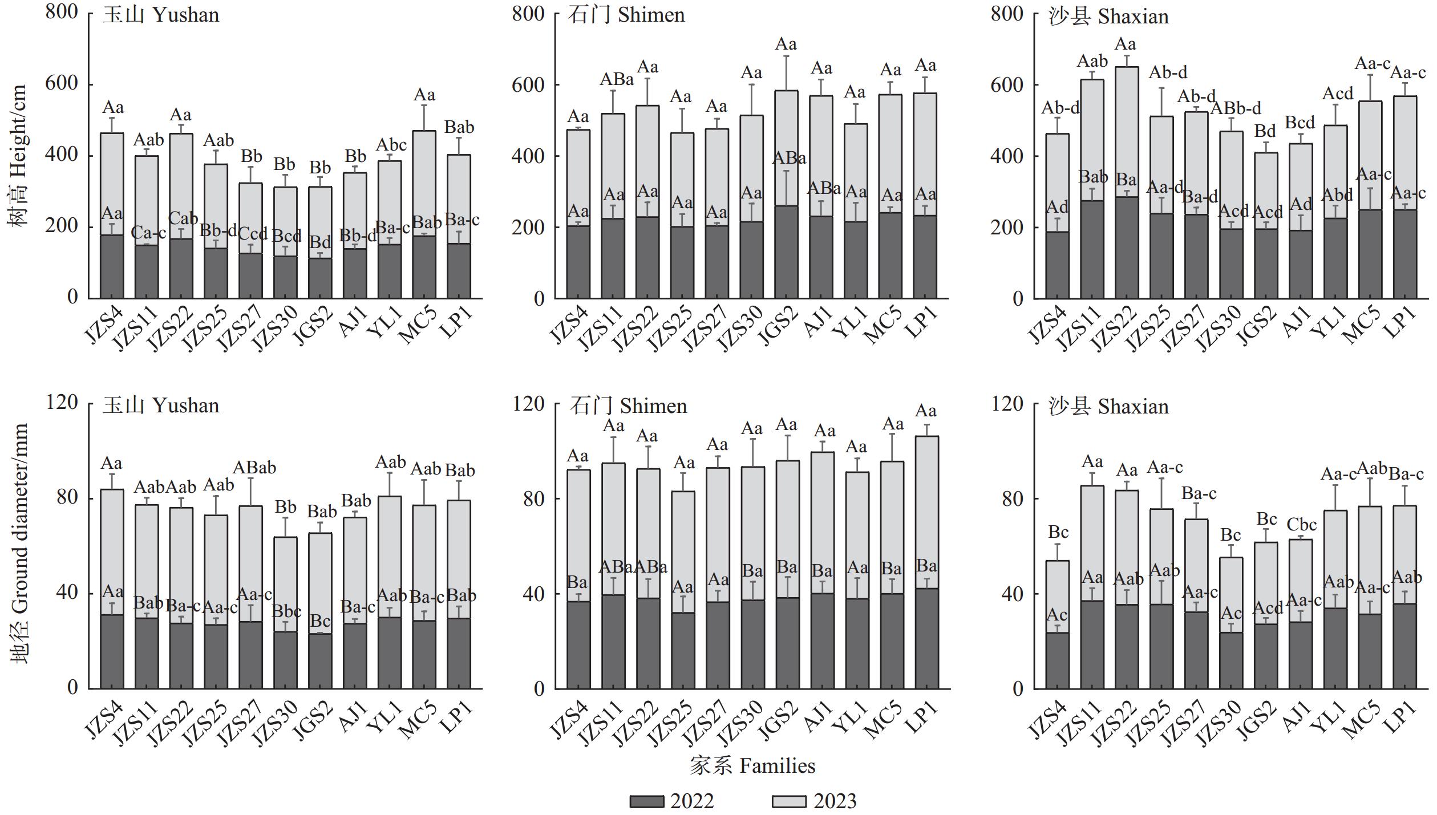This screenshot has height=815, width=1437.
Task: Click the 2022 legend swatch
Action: tap(646, 801)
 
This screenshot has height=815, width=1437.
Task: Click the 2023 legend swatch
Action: tap(789, 801)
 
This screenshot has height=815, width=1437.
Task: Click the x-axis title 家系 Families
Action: tap(752, 765)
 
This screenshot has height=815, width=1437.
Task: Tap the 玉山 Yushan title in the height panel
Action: tap(161, 15)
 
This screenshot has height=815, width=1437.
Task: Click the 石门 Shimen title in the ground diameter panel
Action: tap(628, 406)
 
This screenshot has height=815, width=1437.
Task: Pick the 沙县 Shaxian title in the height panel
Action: tap(1108, 16)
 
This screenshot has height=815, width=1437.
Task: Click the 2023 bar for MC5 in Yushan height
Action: tap(424, 183)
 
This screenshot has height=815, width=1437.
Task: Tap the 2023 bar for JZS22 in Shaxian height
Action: tap(1127, 131)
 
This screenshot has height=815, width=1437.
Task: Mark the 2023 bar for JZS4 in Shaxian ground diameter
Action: tap(1058, 596)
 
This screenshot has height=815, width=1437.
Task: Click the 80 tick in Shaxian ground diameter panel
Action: tap(1013, 498)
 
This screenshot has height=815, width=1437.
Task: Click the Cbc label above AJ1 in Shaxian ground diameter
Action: tap(1301, 525)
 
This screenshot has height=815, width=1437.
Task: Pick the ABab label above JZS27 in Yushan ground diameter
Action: tap(254, 468)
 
